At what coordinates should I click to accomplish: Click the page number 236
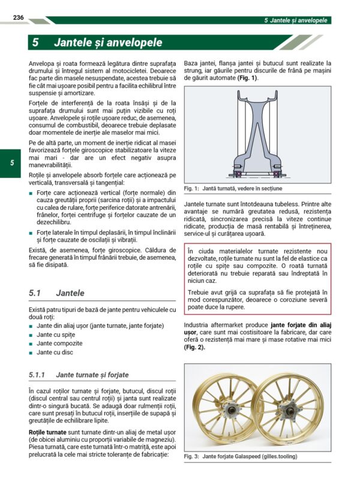(x=19, y=18)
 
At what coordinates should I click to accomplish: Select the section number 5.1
(x=34, y=293)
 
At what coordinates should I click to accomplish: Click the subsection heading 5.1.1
(x=37, y=375)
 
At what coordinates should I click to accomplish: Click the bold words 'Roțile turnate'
(x=47, y=432)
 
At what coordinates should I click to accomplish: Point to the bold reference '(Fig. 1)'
(x=247, y=78)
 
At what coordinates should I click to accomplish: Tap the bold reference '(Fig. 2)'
(x=194, y=347)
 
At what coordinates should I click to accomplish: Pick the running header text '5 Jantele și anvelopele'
(x=296, y=20)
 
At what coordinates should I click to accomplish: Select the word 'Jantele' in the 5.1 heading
(x=70, y=293)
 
